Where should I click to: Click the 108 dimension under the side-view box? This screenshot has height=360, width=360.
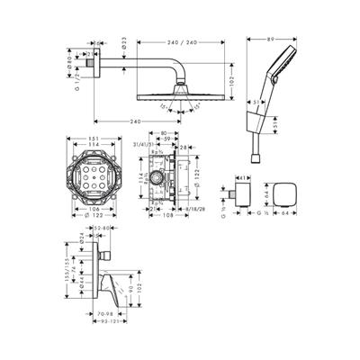click(167, 217)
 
